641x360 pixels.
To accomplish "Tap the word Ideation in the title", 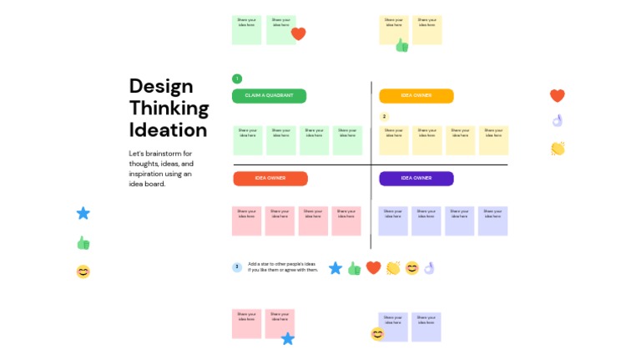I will tap(168, 130).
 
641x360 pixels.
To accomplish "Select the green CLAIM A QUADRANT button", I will tap(269, 96).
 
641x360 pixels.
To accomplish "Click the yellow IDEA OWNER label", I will tap(416, 96).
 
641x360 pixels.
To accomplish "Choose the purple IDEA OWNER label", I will tap(416, 178).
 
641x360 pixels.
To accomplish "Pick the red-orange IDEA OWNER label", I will tap(270, 178).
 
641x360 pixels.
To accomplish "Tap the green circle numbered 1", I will tap(237, 79).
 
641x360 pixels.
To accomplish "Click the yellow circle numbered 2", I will tap(384, 117).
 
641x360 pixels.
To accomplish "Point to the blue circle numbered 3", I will tap(237, 267).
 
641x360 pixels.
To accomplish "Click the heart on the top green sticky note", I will tap(298, 34).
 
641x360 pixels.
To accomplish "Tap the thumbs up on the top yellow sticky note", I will tap(401, 45).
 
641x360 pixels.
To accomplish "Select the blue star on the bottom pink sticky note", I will tap(288, 338).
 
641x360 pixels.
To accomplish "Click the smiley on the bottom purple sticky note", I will tap(377, 334).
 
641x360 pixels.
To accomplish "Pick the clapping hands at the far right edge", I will tap(558, 149).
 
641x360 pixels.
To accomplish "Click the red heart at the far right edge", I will tap(558, 95).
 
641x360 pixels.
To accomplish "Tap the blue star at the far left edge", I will tap(83, 213).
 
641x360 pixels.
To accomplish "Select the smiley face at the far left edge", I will tap(83, 271).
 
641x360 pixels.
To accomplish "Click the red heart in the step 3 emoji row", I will tap(373, 268).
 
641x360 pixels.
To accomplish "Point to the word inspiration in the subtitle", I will tap(147, 174).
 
